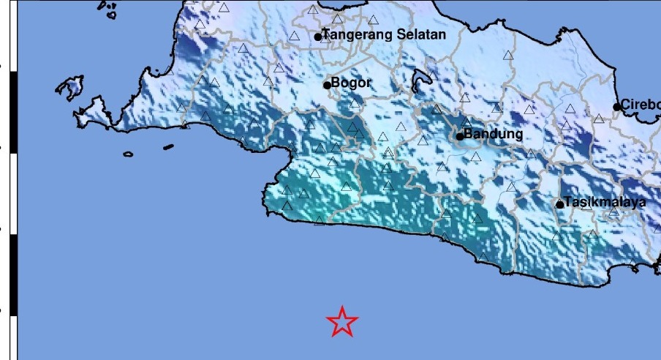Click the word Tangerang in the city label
click(355, 35)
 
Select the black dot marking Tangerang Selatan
click(318, 37)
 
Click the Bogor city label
click(351, 83)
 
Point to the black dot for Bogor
click(328, 85)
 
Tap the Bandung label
click(494, 135)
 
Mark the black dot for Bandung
click(460, 135)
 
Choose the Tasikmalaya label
click(605, 203)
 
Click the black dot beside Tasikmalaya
click(560, 204)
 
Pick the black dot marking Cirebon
click(617, 107)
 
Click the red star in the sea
click(342, 321)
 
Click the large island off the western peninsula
click(69, 89)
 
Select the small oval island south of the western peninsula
click(128, 154)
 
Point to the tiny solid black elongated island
click(168, 147)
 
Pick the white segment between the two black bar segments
click(13, 195)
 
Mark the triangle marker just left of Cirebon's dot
click(599, 118)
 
